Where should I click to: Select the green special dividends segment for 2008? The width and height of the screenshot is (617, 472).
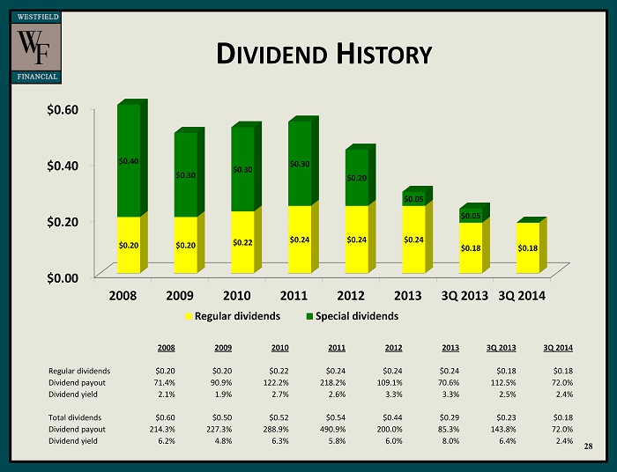(x=128, y=160)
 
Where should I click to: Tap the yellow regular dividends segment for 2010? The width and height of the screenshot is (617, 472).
(x=242, y=241)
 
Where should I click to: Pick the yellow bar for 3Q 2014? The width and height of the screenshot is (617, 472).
(x=527, y=247)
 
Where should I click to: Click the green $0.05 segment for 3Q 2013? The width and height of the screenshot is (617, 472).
(x=471, y=215)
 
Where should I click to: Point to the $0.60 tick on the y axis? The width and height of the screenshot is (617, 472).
(x=63, y=109)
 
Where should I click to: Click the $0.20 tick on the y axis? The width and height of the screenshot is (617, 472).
(x=63, y=221)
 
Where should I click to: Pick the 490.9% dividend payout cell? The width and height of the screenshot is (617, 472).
(x=332, y=429)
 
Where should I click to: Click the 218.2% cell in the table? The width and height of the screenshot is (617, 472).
(x=332, y=382)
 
